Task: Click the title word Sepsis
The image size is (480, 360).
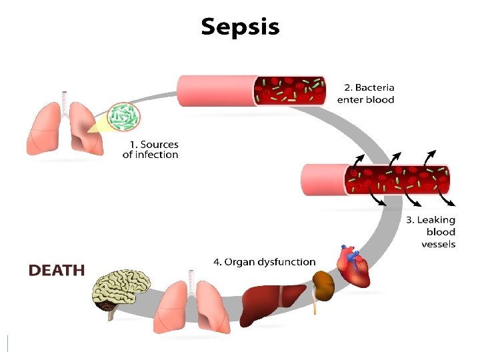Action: [x=240, y=27]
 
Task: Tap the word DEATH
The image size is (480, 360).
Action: [x=56, y=270]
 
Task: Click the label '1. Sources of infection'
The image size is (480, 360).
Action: [x=151, y=149]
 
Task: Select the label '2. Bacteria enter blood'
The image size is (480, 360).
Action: [x=365, y=93]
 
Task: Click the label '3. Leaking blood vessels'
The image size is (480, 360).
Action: [x=431, y=231]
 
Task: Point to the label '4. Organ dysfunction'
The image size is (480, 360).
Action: [x=264, y=262]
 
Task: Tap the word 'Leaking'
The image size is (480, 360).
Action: [x=436, y=219]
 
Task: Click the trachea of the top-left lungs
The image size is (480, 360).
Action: [x=65, y=100]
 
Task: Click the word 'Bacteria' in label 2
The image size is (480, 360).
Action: [x=374, y=87]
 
